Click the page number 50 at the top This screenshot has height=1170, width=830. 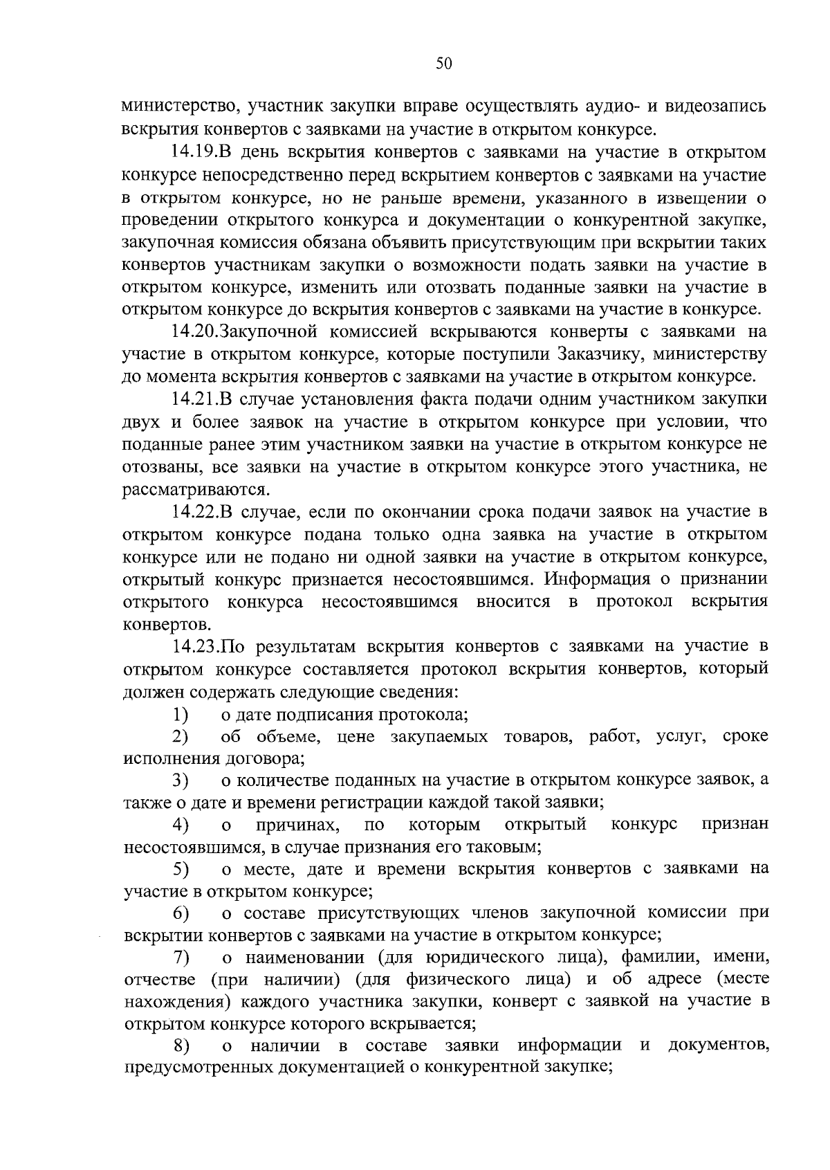[x=444, y=64]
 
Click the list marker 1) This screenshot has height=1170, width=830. [x=181, y=714]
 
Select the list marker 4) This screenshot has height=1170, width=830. [x=181, y=825]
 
